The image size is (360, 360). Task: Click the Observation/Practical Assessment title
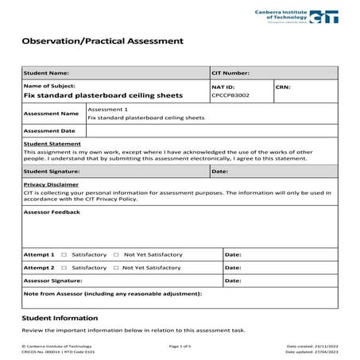102,40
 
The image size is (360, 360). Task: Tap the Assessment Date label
50,130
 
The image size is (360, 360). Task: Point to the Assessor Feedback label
52,212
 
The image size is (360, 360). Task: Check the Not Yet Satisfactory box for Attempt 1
116,255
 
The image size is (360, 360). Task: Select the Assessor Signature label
53,281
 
